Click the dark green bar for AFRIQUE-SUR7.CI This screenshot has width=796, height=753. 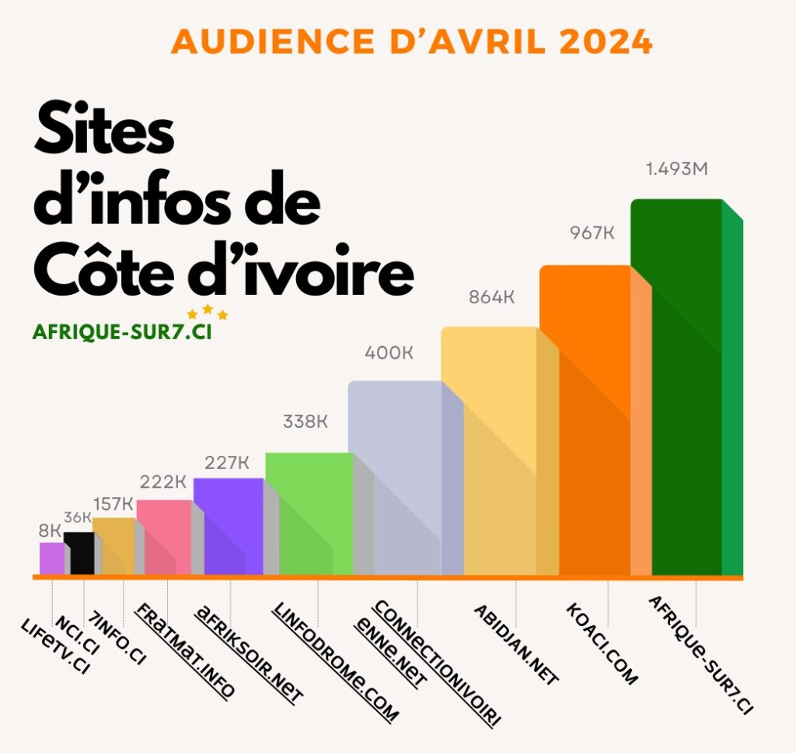[x=676, y=389]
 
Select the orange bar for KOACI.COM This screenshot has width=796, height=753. [x=585, y=420]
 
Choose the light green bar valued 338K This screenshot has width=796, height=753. [x=309, y=513]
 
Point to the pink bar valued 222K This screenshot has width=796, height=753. [x=163, y=537]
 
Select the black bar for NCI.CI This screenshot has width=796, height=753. [x=79, y=553]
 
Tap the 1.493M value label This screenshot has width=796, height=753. [x=677, y=169]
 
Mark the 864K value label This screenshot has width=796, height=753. [x=492, y=297]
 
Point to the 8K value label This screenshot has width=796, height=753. [x=50, y=531]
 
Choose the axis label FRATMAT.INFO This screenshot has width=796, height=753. [x=185, y=650]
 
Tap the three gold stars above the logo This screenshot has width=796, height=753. [x=207, y=313]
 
